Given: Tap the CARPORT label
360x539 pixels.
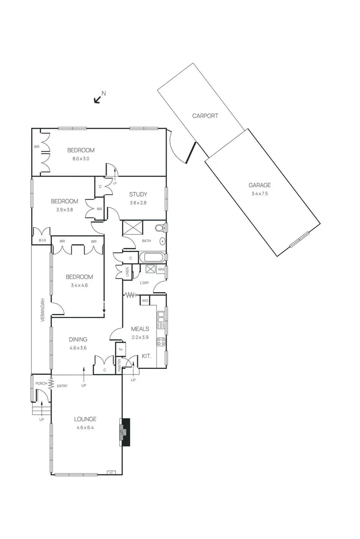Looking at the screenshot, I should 205,116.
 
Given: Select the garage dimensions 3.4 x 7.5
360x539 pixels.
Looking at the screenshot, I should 260,194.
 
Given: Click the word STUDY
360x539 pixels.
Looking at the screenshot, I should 138,194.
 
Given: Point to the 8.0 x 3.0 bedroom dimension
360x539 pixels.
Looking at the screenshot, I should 81,158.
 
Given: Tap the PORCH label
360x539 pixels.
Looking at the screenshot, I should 40,384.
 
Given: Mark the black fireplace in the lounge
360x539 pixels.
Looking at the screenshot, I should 124,432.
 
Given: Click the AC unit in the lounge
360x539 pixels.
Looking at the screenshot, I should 111,472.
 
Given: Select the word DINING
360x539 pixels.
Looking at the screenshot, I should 78,339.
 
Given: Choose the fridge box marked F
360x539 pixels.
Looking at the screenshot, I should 121,349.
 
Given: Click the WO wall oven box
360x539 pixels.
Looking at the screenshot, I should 145,301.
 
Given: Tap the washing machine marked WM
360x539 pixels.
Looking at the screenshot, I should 161,269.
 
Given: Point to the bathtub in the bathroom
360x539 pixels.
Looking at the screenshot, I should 150,257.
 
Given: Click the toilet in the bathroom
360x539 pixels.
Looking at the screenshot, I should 160,228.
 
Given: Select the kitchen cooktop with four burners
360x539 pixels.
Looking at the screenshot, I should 161,342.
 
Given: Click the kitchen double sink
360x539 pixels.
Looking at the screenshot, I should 161,317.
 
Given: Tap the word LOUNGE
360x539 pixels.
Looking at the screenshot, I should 85,419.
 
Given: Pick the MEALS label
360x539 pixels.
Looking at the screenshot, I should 139,329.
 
